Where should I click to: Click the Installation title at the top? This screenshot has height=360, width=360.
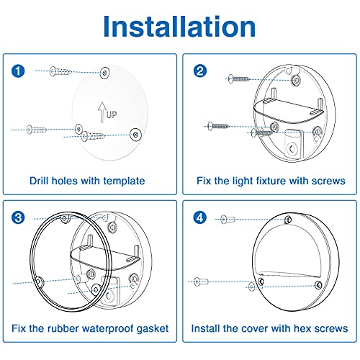(x=179, y=26)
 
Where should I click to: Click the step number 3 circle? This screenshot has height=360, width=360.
(x=19, y=217)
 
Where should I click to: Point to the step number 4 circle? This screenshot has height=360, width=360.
(x=199, y=217)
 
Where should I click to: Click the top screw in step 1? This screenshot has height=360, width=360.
(x=60, y=71)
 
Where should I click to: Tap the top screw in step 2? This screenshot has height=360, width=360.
(x=238, y=78)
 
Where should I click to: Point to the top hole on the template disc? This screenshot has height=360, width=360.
(x=106, y=73)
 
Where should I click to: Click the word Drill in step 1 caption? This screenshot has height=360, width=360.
(x=42, y=181)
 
